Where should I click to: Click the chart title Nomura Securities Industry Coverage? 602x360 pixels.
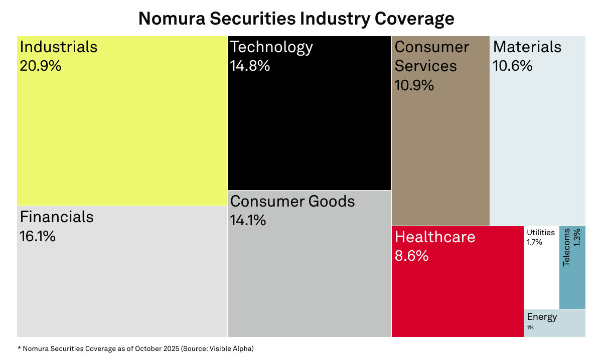click(x=296, y=19)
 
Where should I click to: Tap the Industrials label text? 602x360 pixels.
click(x=58, y=47)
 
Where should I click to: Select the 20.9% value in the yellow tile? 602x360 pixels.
click(x=41, y=66)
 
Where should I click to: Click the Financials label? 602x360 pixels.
click(x=57, y=217)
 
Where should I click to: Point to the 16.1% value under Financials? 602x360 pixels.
click(x=38, y=236)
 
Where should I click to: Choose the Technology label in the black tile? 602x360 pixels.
click(x=271, y=47)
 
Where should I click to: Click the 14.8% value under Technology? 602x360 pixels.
click(x=250, y=66)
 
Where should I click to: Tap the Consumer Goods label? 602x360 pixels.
click(x=292, y=201)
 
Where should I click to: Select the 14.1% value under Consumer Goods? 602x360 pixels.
click(x=248, y=220)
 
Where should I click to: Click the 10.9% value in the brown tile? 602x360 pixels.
click(x=414, y=85)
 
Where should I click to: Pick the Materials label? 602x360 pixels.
click(x=527, y=47)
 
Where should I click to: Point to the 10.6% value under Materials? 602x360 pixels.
click(x=513, y=66)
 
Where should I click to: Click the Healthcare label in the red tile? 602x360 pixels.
click(x=435, y=236)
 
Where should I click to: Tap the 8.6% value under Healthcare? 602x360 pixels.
click(x=412, y=255)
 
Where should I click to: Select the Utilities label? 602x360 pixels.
click(x=541, y=232)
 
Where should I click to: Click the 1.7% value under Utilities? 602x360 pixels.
click(x=534, y=242)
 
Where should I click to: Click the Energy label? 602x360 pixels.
click(x=542, y=317)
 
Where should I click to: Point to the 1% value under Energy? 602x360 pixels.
click(x=530, y=327)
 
